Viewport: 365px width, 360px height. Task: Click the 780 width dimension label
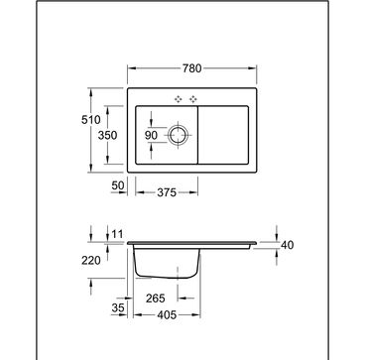[191, 68]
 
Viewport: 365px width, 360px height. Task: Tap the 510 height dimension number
[91, 120]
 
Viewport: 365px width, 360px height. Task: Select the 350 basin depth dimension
[107, 135]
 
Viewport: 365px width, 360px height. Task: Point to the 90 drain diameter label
[152, 135]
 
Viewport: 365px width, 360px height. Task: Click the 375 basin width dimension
[167, 192]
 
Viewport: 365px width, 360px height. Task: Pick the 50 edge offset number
[117, 185]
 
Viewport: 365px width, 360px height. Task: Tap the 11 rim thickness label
[117, 235]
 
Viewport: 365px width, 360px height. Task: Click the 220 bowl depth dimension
[91, 261]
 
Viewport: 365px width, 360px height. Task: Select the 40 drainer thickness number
[287, 245]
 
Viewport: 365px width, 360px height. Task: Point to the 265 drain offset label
[156, 299]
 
